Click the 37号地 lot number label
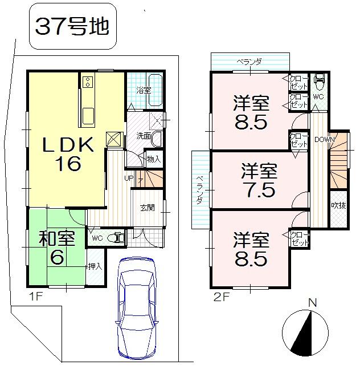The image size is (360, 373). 72,26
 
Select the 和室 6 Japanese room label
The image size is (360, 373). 57,246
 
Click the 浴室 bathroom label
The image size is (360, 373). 144,90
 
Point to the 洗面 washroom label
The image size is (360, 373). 142,136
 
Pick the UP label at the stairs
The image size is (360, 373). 130,179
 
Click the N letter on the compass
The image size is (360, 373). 312,302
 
